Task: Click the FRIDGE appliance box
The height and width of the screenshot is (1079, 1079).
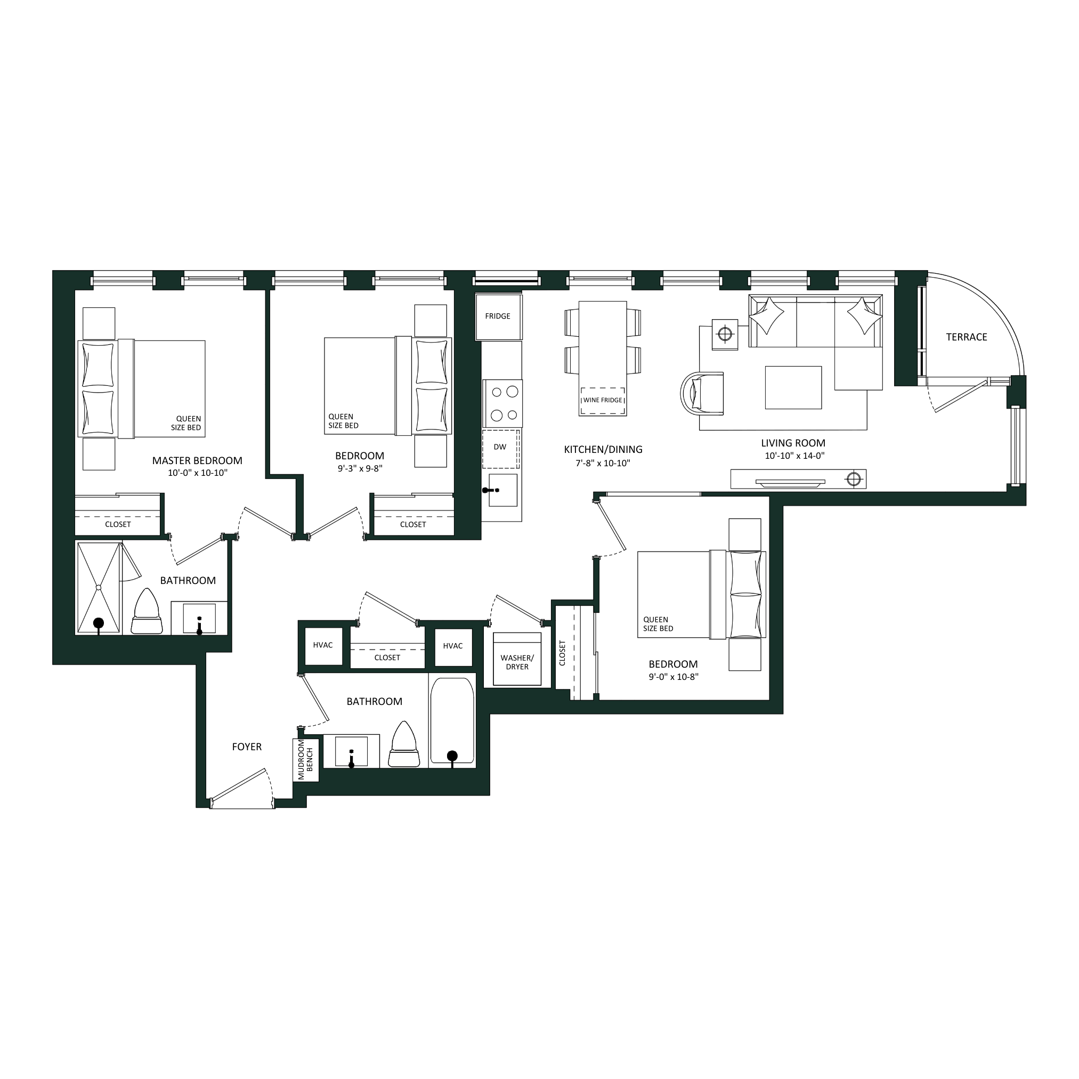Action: click(499, 317)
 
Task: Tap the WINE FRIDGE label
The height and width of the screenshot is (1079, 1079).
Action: click(602, 400)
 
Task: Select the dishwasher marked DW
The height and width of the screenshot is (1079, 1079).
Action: click(501, 449)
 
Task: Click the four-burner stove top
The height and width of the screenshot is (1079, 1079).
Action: click(502, 403)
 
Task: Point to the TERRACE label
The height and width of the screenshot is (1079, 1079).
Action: click(966, 337)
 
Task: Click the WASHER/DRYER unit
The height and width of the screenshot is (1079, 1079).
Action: click(517, 659)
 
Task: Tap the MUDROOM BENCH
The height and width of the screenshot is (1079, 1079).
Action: click(306, 759)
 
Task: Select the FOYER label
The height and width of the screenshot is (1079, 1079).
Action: click(247, 747)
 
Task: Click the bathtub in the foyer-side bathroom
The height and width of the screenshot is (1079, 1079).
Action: click(452, 720)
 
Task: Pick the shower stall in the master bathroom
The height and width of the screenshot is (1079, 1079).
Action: click(99, 588)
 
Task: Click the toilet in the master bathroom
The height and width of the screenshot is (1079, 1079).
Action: click(147, 611)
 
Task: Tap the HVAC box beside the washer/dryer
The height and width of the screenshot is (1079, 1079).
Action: click(453, 646)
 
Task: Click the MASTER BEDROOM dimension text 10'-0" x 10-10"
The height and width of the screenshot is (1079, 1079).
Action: click(198, 473)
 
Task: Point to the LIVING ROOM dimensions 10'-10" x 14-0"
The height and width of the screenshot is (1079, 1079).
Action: click(794, 456)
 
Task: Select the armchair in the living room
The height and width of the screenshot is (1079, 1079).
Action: click(702, 394)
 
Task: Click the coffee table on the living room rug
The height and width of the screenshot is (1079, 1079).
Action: click(793, 387)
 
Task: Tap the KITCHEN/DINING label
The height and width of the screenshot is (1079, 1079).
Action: click(603, 449)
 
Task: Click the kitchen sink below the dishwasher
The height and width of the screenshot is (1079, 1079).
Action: click(502, 490)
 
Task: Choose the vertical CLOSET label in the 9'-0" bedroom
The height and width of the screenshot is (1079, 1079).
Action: click(562, 653)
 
